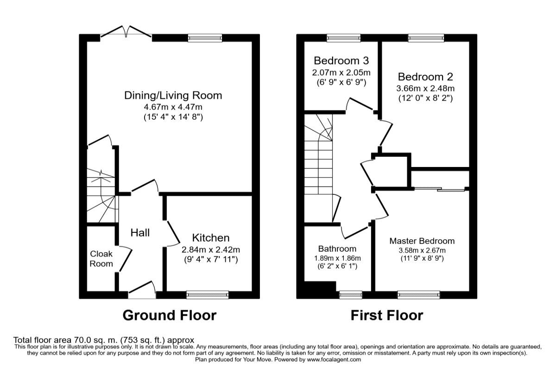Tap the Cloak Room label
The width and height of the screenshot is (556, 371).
point(101,259)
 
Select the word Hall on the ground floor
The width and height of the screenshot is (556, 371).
point(139,233)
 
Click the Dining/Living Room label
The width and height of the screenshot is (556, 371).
point(173,96)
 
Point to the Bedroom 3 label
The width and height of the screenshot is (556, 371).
point(341,61)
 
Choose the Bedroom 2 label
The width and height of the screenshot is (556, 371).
point(425,77)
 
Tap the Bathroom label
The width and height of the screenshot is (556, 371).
point(337,249)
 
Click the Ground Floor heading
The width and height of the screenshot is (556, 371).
point(169,316)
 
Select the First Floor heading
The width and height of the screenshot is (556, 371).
point(386,316)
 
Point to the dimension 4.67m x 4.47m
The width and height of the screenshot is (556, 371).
point(173,107)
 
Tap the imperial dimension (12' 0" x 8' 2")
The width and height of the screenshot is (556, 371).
point(425,98)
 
